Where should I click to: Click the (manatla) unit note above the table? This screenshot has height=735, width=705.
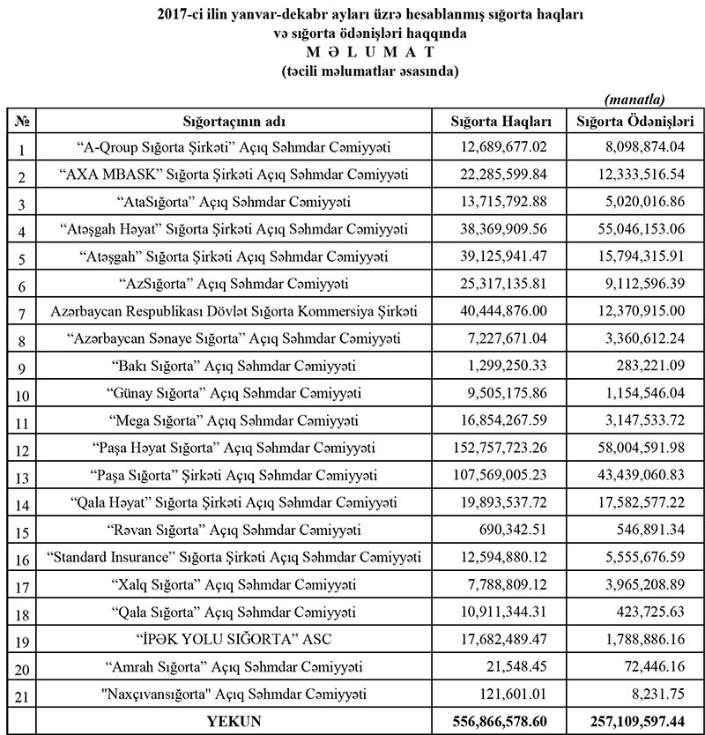click(634, 100)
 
